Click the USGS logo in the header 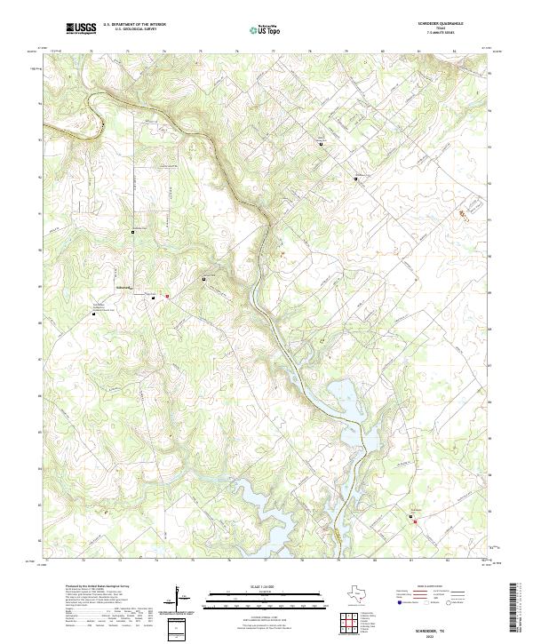tap(81, 28)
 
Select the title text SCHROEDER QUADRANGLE tap(434, 22)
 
